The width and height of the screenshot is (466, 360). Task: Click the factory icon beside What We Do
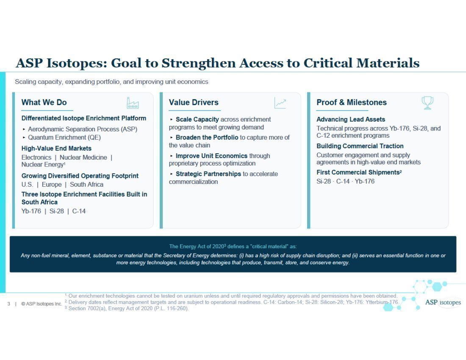click(133, 103)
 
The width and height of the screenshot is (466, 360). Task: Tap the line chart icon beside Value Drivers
click(280, 103)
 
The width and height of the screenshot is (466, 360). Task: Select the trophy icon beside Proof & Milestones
click(427, 103)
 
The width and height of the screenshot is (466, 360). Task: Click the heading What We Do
click(44, 102)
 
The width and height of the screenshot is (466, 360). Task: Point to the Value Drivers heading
click(194, 102)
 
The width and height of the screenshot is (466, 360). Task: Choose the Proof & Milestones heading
click(352, 102)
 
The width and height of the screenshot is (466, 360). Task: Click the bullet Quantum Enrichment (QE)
click(64, 138)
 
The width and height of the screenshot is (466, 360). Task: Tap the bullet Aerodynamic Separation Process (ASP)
click(83, 129)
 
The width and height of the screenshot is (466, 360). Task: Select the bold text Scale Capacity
click(197, 119)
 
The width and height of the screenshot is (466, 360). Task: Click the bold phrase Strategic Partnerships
click(208, 174)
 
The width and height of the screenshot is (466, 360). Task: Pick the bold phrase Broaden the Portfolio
click(207, 138)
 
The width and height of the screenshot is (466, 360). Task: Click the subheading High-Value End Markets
click(56, 149)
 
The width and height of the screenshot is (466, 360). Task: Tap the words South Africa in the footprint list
click(86, 185)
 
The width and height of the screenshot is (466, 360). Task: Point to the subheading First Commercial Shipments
click(359, 172)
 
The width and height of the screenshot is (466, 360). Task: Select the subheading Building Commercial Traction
click(360, 146)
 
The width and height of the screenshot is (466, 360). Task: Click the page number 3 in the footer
click(8, 304)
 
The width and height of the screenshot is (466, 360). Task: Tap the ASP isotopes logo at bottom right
click(443, 302)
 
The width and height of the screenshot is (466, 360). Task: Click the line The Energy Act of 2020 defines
click(233, 246)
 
